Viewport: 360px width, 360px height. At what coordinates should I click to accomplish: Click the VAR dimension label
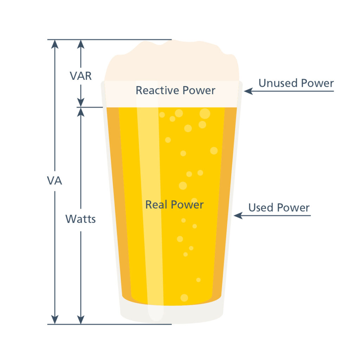(x=81, y=76)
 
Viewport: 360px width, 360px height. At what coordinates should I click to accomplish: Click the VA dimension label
(x=54, y=181)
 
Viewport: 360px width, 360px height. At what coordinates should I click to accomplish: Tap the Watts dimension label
(x=81, y=219)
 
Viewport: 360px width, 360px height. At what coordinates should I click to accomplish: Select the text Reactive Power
(x=175, y=90)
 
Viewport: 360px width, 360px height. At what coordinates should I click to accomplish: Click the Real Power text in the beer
(x=174, y=204)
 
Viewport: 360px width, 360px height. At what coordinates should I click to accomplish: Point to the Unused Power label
(x=296, y=83)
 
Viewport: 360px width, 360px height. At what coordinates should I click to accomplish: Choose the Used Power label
(x=279, y=207)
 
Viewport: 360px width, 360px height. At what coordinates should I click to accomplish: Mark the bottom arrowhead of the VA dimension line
(x=54, y=320)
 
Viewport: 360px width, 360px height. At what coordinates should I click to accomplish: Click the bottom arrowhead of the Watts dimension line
(x=81, y=320)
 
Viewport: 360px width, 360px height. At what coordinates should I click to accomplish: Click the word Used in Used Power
(x=261, y=207)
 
